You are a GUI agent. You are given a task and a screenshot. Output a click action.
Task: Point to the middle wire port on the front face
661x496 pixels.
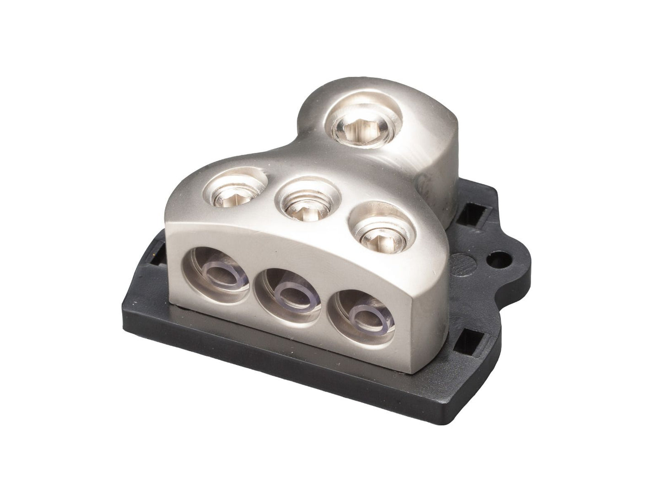tap(287, 293)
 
